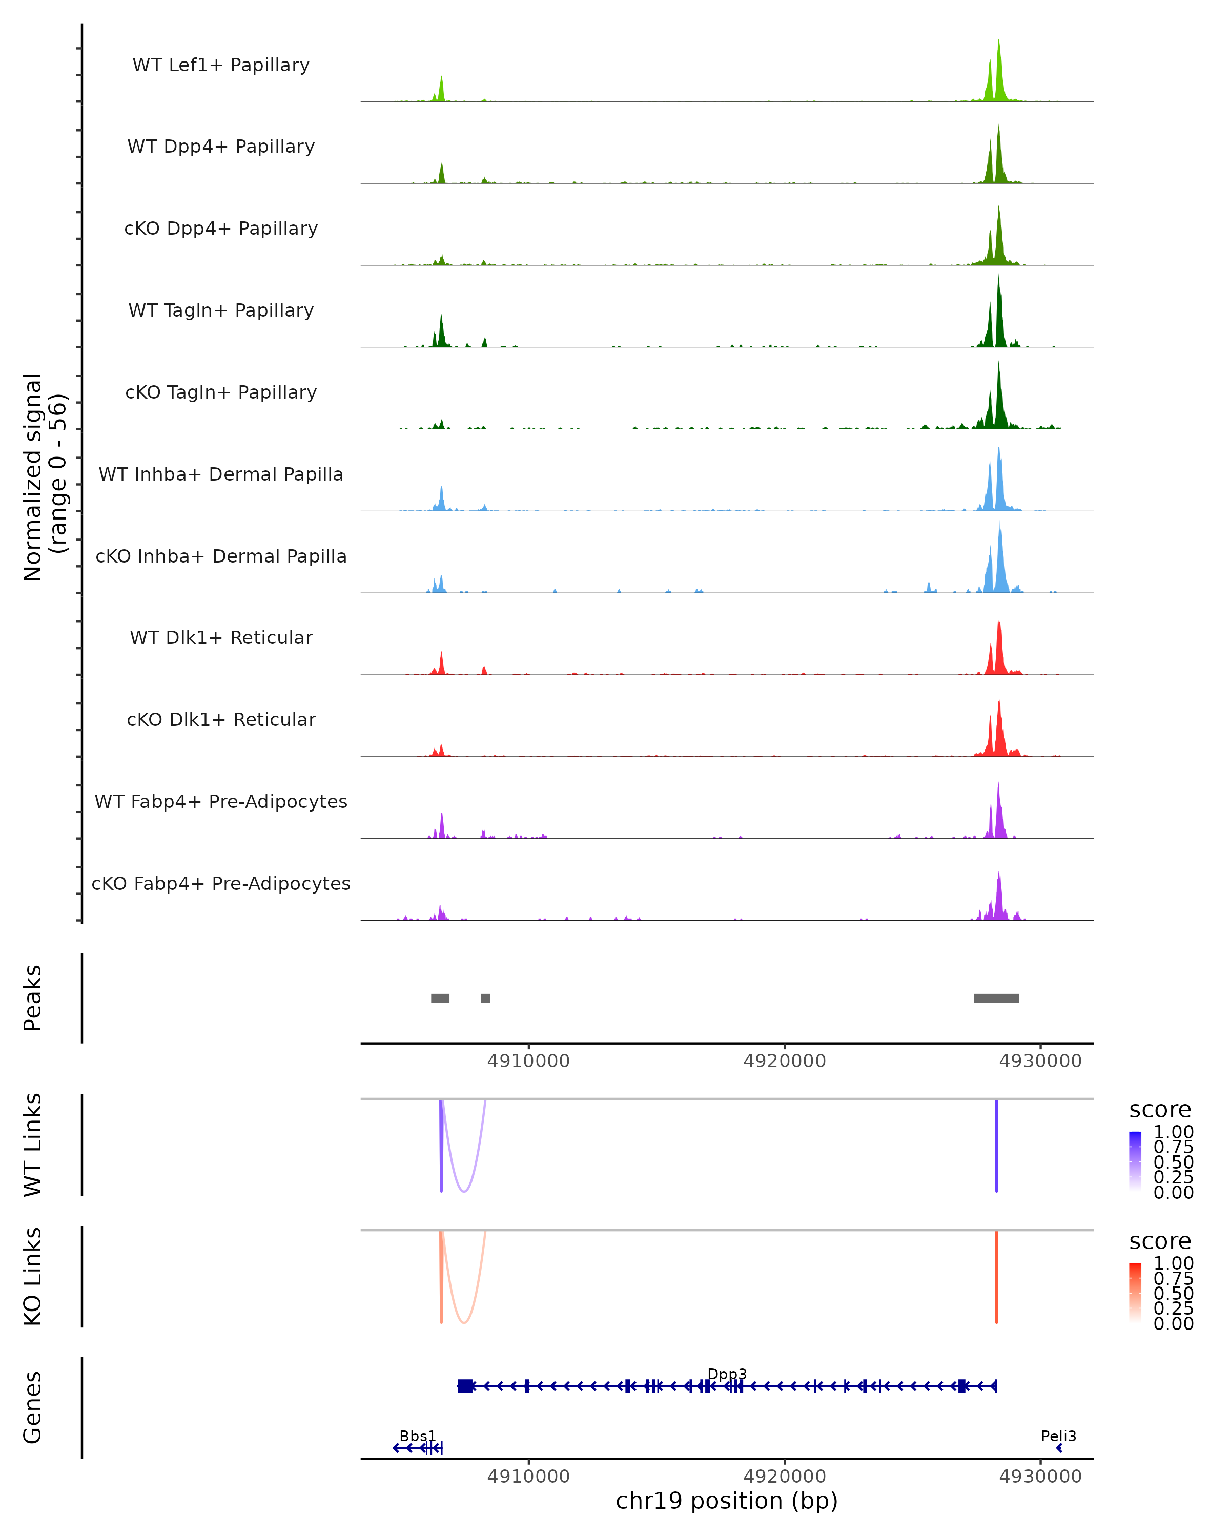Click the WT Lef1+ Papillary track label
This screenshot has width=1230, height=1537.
tap(221, 65)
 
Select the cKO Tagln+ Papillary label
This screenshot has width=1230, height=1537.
tap(221, 392)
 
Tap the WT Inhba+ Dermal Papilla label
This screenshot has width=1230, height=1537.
tap(221, 474)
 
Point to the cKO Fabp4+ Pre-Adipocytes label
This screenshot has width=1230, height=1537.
tap(221, 883)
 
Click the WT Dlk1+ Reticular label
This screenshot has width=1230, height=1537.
tap(221, 637)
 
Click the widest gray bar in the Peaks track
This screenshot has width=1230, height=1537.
tap(996, 998)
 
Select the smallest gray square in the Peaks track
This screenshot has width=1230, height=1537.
tap(485, 998)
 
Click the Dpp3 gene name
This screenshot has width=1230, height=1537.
tap(727, 1374)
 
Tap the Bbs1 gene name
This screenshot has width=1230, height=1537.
tap(417, 1436)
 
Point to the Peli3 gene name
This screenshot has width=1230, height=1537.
tap(1058, 1436)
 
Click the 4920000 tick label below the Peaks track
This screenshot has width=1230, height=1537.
tap(784, 1061)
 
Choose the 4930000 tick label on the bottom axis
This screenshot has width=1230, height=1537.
tap(1040, 1477)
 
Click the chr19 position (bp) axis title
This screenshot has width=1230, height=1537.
tap(727, 1501)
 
